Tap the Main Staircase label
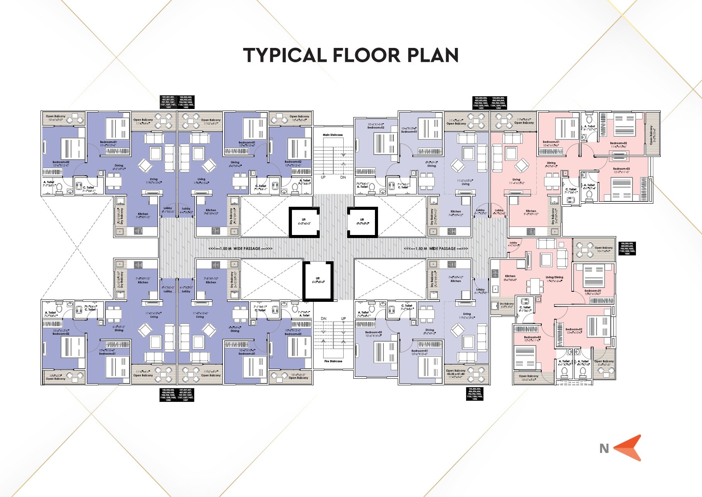click(x=333, y=135)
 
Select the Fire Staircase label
click(x=333, y=361)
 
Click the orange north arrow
click(x=628, y=448)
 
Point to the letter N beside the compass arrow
click(x=604, y=448)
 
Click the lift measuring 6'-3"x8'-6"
click(x=318, y=280)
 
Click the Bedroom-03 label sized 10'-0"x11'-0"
click(x=532, y=339)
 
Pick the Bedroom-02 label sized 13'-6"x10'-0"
click(x=574, y=331)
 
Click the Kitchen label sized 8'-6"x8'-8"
click(x=510, y=278)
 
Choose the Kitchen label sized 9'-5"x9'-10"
click(x=531, y=213)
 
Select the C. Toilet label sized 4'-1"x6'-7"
click(x=525, y=309)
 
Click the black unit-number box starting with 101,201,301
click(x=168, y=102)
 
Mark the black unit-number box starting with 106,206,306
click(x=475, y=393)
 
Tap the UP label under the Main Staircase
click(x=323, y=177)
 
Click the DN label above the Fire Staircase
click(x=324, y=318)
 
